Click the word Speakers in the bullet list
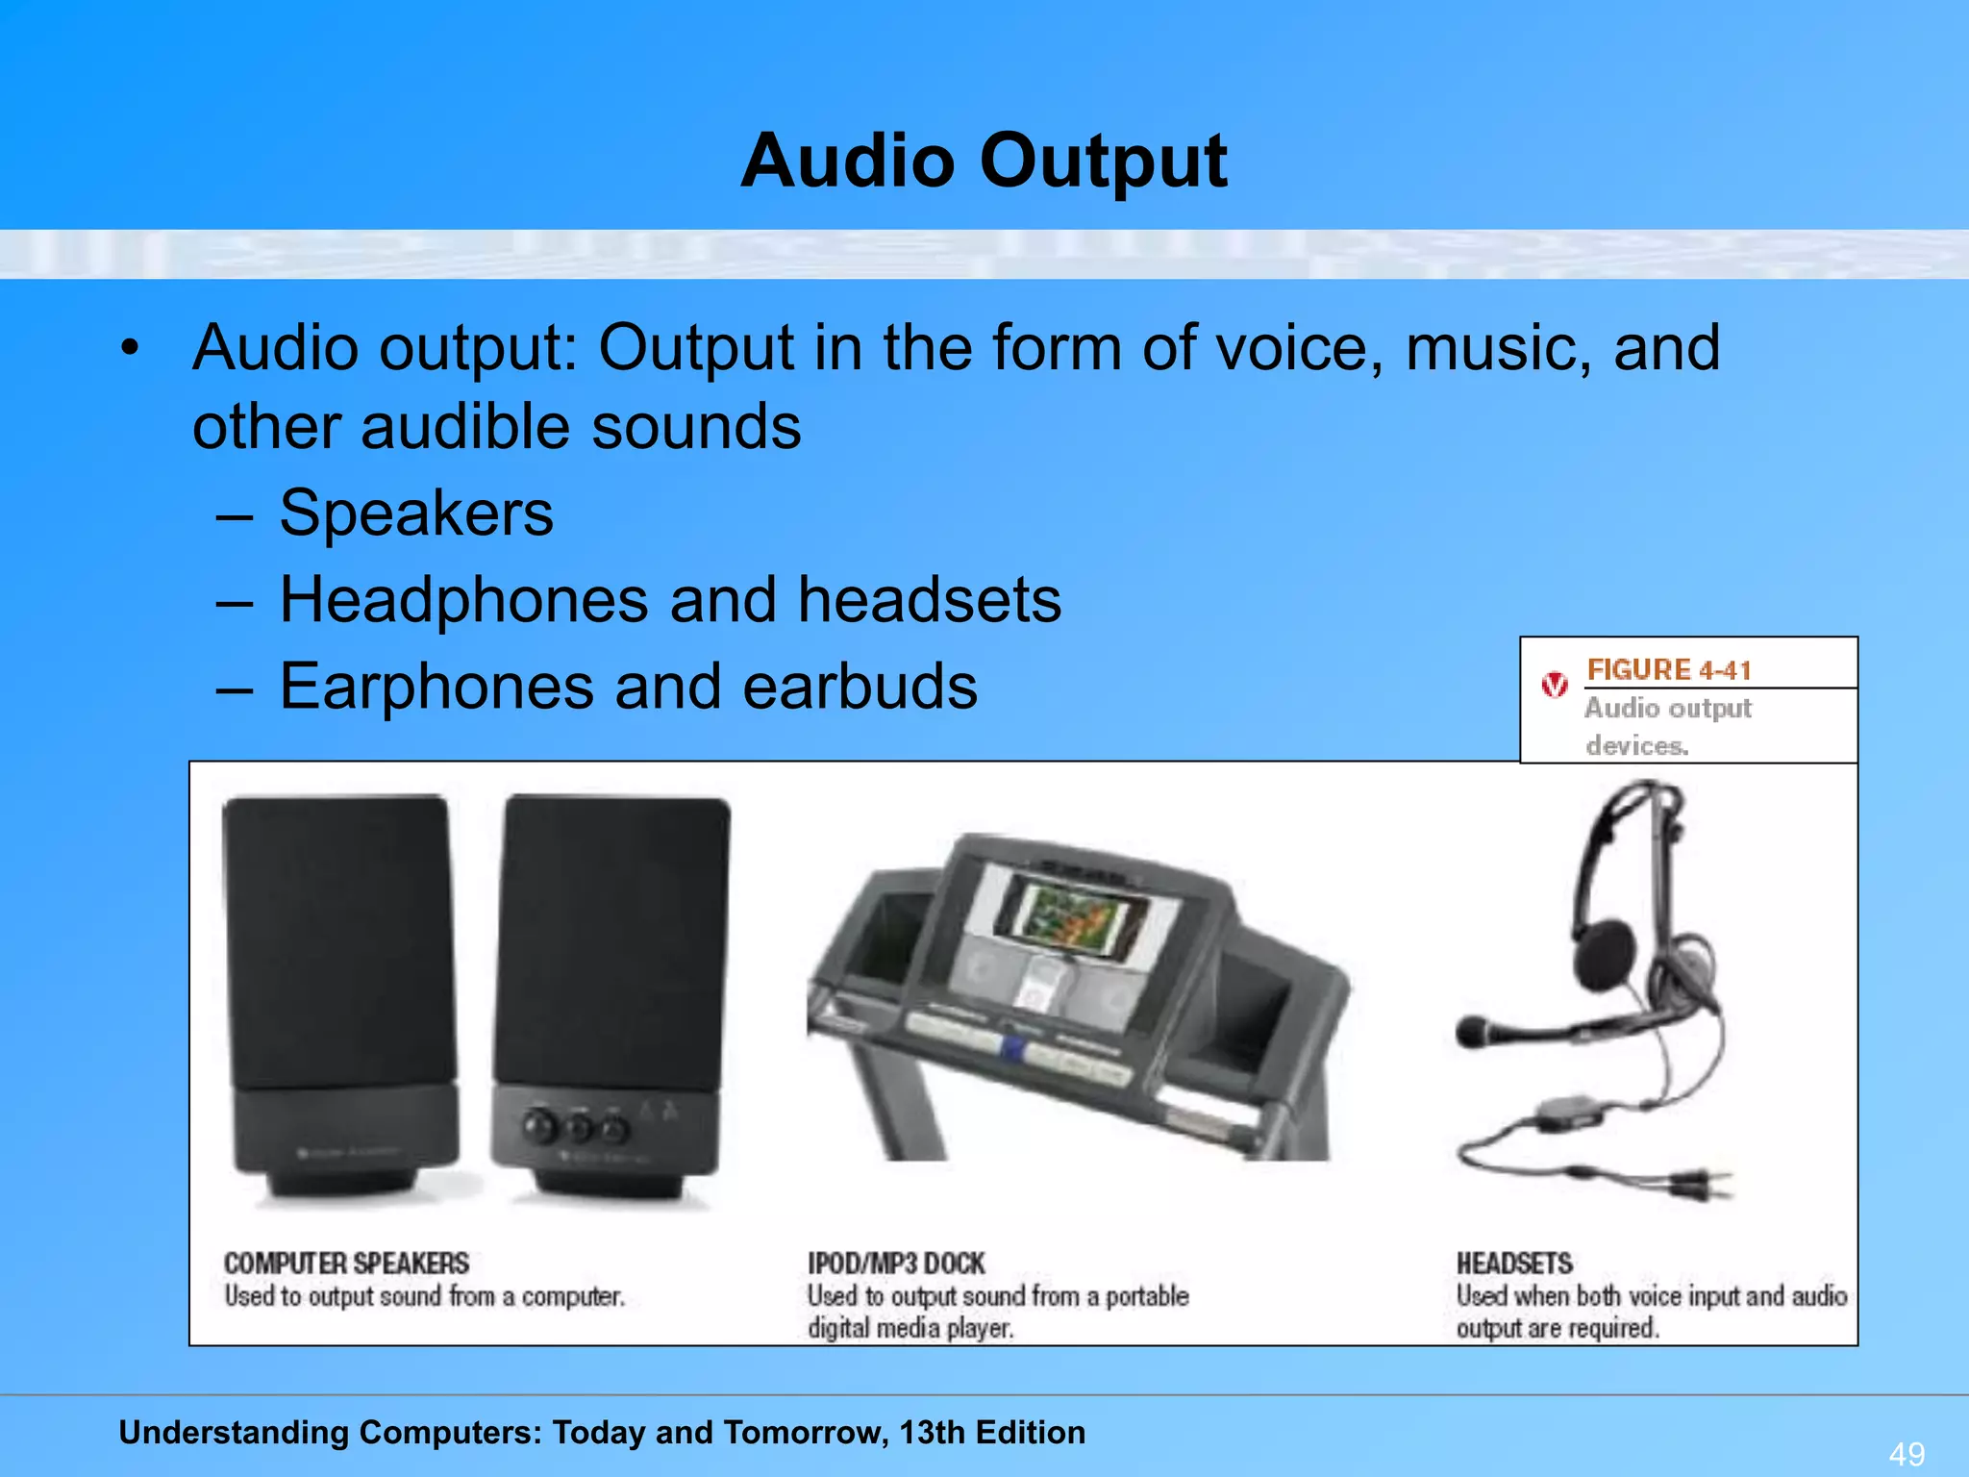[x=415, y=513]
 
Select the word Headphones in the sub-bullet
[x=463, y=600]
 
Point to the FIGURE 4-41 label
[x=1668, y=669]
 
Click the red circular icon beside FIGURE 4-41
[x=1555, y=685]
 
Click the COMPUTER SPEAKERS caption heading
[x=346, y=1263]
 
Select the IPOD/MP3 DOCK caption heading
[x=896, y=1263]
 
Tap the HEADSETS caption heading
[x=1514, y=1263]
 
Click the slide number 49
[x=1907, y=1453]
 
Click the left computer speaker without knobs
[x=339, y=990]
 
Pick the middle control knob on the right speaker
[x=580, y=1126]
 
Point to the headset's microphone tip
[x=1471, y=1033]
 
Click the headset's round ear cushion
[x=1603, y=955]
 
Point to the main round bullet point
[x=130, y=348]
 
